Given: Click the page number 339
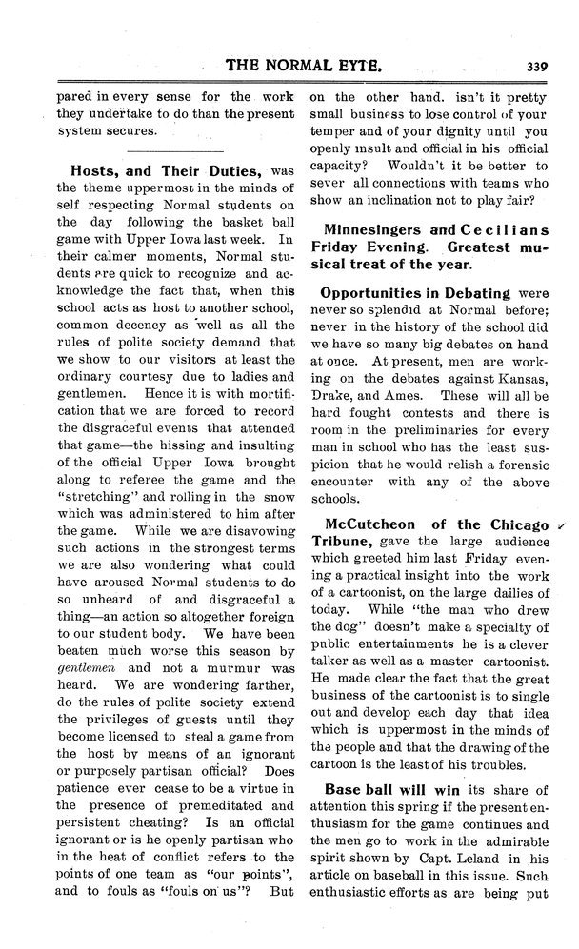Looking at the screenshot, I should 533,67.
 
